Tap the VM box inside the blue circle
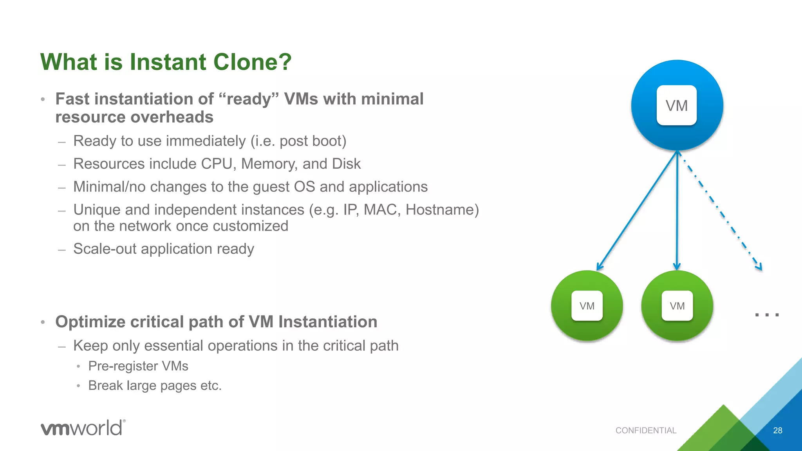tap(676, 105)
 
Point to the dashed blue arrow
tap(721, 211)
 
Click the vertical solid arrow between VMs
tap(677, 211)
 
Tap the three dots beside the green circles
tap(767, 314)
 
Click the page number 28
tap(777, 430)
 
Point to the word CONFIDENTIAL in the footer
tap(646, 430)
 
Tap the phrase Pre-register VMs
tap(138, 366)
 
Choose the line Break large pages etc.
tap(155, 385)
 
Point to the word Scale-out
tap(105, 249)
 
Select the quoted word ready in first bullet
tap(249, 99)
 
